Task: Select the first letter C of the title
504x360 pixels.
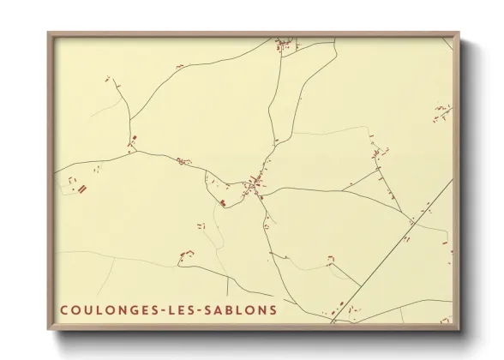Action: click(x=64, y=309)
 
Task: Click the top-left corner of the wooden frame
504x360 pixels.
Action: click(x=48, y=33)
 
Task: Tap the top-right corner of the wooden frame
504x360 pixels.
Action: click(x=459, y=33)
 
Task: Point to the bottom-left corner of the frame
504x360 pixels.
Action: click(x=48, y=330)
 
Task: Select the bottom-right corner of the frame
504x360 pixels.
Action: click(x=459, y=330)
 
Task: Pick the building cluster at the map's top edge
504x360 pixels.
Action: click(x=283, y=45)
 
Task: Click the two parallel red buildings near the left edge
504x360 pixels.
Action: click(x=83, y=189)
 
